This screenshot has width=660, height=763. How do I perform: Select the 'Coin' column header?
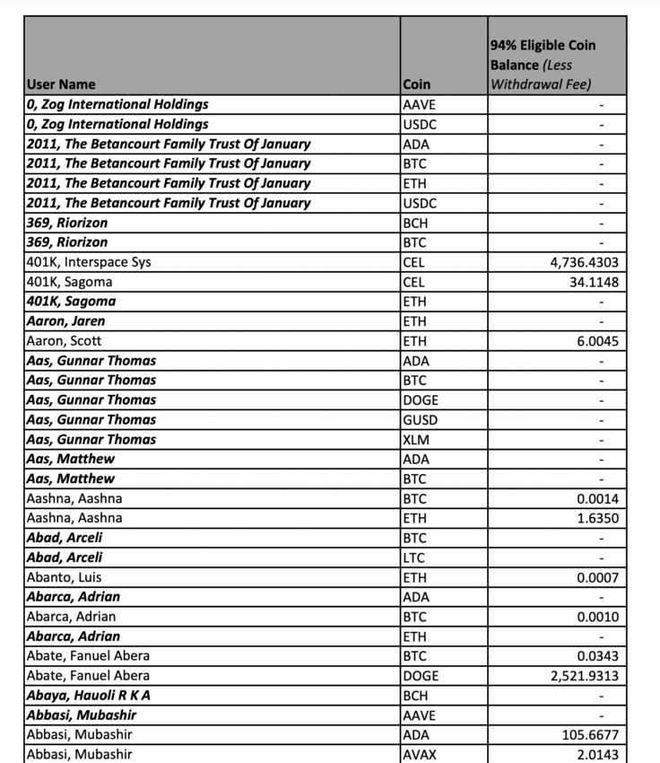(x=417, y=84)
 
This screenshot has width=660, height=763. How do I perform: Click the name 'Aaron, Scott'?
(x=65, y=341)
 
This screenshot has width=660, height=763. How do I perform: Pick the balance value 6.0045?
(x=599, y=341)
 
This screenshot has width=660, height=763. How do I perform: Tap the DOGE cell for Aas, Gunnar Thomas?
(x=421, y=400)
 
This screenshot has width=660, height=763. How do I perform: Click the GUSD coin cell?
(x=421, y=420)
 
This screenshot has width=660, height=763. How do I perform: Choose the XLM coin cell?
(x=418, y=440)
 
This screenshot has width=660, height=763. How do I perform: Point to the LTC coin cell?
(x=416, y=558)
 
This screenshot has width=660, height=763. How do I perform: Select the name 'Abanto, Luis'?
(x=65, y=578)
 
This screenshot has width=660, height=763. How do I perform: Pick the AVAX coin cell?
(x=420, y=755)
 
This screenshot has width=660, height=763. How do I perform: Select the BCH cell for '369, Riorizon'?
(x=417, y=223)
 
